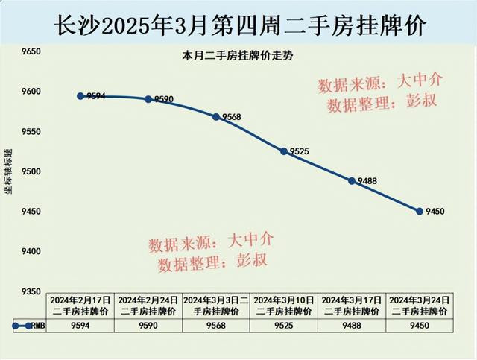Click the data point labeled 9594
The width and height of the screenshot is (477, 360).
click(80, 96)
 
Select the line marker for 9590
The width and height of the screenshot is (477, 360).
click(148, 99)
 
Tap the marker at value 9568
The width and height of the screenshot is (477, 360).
click(216, 117)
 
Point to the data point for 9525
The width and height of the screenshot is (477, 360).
click(284, 151)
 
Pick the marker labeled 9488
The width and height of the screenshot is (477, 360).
click(352, 180)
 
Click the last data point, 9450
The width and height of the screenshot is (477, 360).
click(420, 212)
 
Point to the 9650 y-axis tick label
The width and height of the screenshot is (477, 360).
click(31, 52)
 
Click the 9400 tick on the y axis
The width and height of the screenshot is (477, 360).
click(31, 252)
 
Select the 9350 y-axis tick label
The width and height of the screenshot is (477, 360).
click(31, 291)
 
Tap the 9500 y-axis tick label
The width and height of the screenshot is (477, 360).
click(31, 172)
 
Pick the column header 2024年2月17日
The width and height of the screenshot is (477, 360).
click(80, 300)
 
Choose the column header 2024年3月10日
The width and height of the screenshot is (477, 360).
click(284, 300)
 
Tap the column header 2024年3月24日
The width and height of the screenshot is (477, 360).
click(420, 300)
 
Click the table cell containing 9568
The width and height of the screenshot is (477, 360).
click(216, 325)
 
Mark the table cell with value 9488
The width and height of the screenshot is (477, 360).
click(352, 325)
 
